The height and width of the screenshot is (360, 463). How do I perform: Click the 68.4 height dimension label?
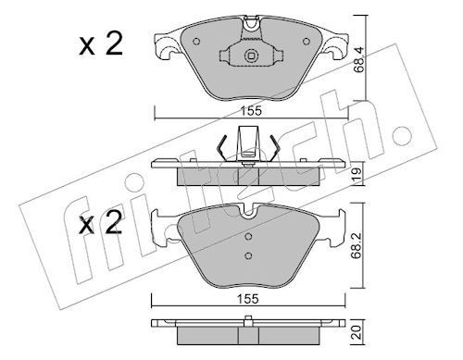point(359,60)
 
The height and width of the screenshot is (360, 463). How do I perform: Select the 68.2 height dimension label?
point(357,246)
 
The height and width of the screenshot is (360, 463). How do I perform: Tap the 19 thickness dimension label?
point(357,174)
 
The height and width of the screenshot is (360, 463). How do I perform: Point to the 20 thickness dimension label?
point(357,333)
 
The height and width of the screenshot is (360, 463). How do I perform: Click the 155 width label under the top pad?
point(251,111)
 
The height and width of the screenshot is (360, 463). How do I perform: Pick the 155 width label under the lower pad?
point(247,299)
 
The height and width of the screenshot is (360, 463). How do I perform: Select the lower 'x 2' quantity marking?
point(100,223)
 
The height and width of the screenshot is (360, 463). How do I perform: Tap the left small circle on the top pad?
point(196,42)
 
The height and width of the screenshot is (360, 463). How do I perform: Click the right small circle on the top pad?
point(306,42)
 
